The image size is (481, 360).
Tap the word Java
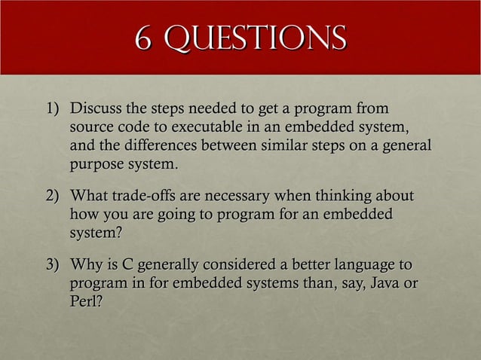(383, 284)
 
